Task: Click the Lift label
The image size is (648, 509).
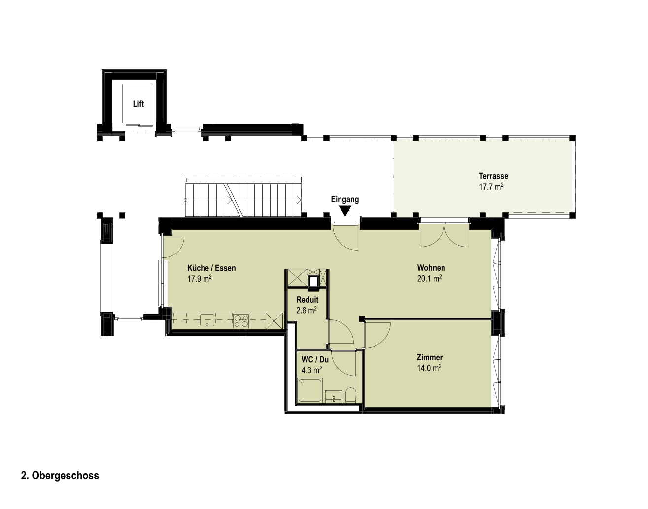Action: coord(138,104)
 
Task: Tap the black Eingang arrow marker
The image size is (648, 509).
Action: coord(345,211)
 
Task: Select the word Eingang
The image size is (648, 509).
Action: coord(345,199)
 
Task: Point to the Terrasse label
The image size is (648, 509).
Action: coord(493,176)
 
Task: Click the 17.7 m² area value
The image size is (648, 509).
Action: coord(491,186)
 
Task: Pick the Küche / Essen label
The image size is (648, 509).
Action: coord(211,268)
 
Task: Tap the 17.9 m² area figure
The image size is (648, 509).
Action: coord(200,278)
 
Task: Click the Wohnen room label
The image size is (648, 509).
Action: coord(431,267)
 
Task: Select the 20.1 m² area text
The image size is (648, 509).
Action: coord(429,278)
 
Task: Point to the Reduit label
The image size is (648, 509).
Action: coord(307,300)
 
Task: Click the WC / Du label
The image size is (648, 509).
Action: coord(315,359)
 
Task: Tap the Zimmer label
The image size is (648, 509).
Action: coord(429,357)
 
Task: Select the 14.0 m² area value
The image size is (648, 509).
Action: coord(429,368)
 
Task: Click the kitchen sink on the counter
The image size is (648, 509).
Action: coord(207,320)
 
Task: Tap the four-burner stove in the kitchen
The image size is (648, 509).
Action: coord(241,320)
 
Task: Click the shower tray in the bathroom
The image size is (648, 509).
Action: coord(310,390)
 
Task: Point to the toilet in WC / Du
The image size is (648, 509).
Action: coord(350,395)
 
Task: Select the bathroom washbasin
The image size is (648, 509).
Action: coord(334,396)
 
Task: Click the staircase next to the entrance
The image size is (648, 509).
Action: coord(243,197)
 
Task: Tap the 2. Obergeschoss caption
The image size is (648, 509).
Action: coord(60,476)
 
